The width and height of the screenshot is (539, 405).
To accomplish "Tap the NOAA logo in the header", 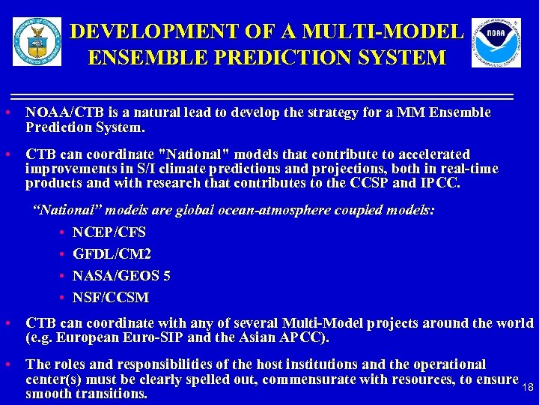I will click(x=496, y=43).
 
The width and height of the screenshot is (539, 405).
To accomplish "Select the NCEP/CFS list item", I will click(x=109, y=232).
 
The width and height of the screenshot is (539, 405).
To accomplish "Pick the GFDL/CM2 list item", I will click(x=112, y=254).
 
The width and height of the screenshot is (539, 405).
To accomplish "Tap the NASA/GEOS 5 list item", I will click(x=121, y=276).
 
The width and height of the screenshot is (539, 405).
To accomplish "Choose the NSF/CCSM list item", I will click(x=111, y=298).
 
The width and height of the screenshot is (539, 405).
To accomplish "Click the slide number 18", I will click(x=527, y=387).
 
